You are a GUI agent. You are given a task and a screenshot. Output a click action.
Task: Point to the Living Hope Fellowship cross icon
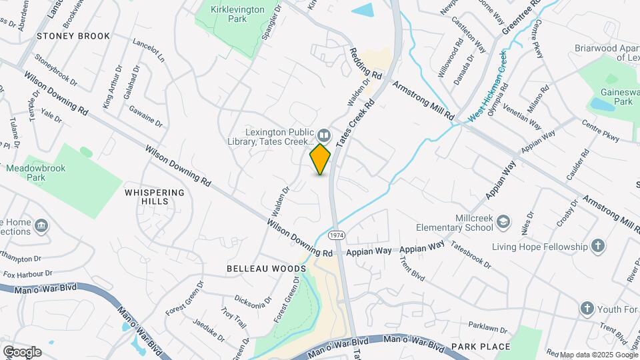[x=598, y=246]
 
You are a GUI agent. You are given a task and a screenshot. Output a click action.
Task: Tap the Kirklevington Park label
[x=228, y=14]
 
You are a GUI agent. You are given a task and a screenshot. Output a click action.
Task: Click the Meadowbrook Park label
[x=35, y=173]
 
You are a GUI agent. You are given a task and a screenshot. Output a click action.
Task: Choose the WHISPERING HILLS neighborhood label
[x=154, y=197]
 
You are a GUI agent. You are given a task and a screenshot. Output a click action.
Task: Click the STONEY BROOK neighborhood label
[x=73, y=36]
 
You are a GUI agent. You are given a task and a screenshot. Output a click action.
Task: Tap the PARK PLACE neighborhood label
[x=480, y=347]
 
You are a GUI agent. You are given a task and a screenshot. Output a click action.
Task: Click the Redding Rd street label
[x=367, y=64]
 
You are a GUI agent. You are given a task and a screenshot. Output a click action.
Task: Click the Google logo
[x=22, y=351]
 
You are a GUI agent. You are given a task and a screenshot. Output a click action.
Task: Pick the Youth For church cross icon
[x=587, y=308]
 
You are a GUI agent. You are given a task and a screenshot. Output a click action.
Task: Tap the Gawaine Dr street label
[x=146, y=116]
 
